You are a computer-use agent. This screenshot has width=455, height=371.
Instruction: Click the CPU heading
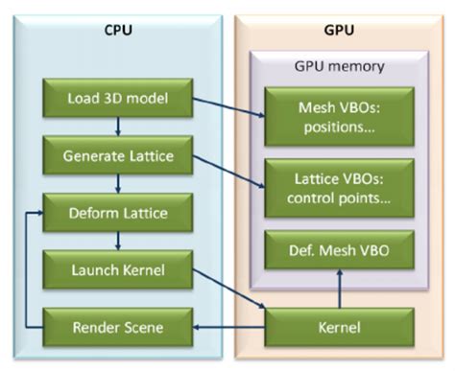click(118, 29)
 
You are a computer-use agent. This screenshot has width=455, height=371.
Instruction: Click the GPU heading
click(339, 29)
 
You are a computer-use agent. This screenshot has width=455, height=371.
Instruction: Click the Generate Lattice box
click(117, 154)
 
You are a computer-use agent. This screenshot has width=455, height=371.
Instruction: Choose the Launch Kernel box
click(117, 269)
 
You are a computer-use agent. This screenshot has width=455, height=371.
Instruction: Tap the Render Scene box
click(117, 326)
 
